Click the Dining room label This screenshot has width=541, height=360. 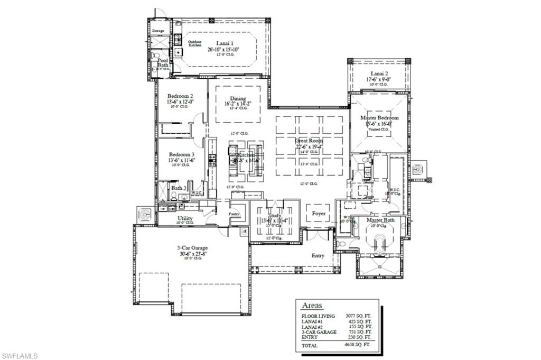pos(238,98)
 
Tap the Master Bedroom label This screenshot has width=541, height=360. pos(379,117)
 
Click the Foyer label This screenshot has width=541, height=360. pos(319,214)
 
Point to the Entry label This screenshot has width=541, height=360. pos(318,256)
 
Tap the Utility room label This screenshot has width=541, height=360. pos(185,218)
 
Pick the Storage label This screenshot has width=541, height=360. pos(158,31)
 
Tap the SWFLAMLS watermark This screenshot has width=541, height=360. pos(19,356)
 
